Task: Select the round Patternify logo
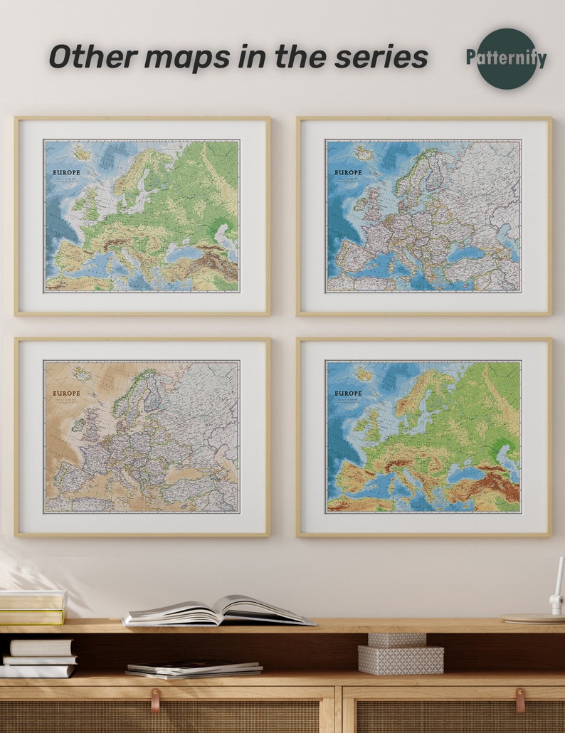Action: coord(506,58)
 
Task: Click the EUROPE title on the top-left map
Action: coord(66,172)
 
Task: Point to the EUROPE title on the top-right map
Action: coord(348,172)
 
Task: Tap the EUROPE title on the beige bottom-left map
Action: coord(66,393)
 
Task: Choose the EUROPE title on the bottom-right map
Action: coord(348,393)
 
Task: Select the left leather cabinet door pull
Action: coord(155,700)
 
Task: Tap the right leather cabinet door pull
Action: coord(520,700)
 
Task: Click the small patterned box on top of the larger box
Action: coord(396,639)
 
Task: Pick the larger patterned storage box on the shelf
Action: coord(401,660)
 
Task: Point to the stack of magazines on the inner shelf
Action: coord(194,669)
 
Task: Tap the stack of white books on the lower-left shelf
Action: coord(39,658)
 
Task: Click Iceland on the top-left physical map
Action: coord(81,152)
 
